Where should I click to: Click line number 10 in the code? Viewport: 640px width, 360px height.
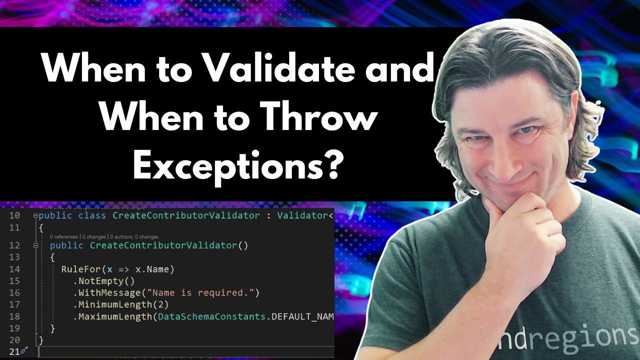click(x=14, y=215)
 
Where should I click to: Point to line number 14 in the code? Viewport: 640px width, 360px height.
click(x=14, y=269)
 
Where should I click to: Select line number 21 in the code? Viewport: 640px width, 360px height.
click(x=13, y=351)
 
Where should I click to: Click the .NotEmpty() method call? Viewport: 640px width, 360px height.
click(x=103, y=281)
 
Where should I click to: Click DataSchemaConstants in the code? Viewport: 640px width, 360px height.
click(x=212, y=316)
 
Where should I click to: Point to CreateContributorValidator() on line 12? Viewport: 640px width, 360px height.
click(x=169, y=245)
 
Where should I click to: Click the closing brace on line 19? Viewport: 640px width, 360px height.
click(x=52, y=328)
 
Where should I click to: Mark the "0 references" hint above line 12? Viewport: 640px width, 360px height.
click(x=64, y=236)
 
